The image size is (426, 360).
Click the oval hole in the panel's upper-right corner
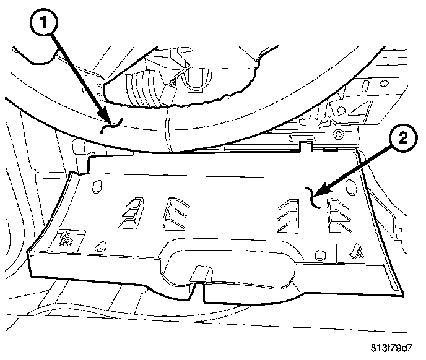click(x=351, y=186)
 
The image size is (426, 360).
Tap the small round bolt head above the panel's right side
click(x=338, y=134)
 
